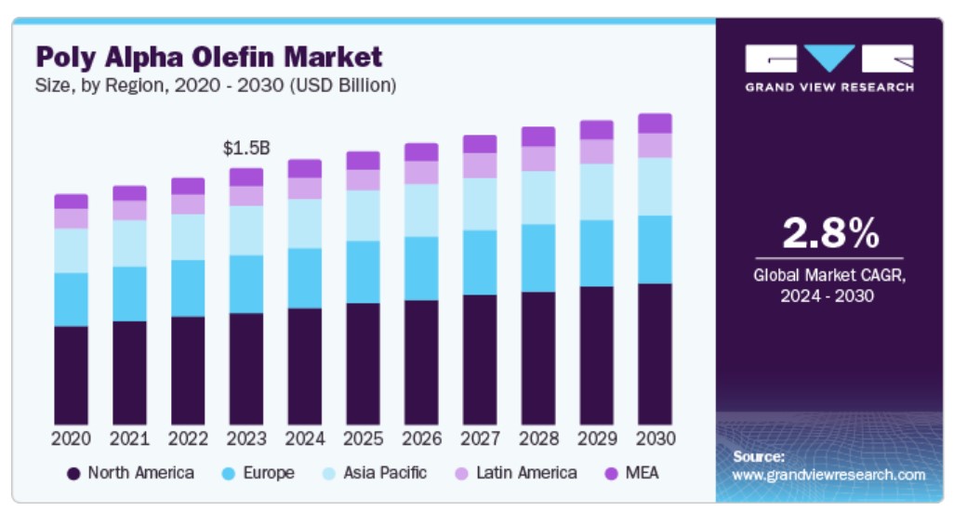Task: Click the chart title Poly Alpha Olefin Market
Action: click(x=209, y=57)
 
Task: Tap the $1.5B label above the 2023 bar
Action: click(x=246, y=148)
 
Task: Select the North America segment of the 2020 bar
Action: click(x=71, y=375)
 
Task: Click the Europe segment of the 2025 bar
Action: click(x=363, y=271)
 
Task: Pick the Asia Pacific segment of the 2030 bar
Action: click(x=655, y=186)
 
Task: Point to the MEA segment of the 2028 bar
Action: click(x=537, y=137)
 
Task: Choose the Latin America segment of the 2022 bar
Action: click(x=188, y=203)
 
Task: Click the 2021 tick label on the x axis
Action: click(x=129, y=439)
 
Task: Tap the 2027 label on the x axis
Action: click(x=480, y=439)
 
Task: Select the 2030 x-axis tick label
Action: click(x=655, y=439)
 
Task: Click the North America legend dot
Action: click(x=73, y=474)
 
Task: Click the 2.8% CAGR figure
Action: click(x=829, y=234)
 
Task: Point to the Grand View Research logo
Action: click(x=829, y=68)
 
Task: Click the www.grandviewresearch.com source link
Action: click(x=829, y=475)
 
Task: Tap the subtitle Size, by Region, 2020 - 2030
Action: click(x=217, y=85)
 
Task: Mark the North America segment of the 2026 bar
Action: click(x=421, y=362)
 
